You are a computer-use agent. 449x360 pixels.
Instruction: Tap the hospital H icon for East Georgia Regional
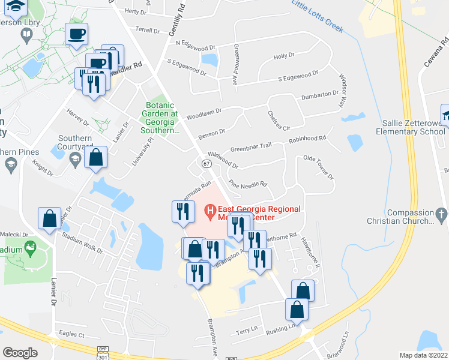point(209,211)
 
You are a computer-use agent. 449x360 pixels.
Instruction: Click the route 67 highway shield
point(206,163)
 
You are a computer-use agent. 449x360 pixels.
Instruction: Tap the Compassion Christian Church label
point(410,217)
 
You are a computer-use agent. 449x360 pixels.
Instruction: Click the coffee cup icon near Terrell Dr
point(76,35)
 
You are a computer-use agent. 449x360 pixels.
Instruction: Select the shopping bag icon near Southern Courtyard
point(95,158)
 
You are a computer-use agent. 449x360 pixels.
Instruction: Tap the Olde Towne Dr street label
point(319,166)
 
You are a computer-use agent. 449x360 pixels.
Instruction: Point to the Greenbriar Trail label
point(252,147)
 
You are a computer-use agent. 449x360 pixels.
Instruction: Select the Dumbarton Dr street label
point(319,94)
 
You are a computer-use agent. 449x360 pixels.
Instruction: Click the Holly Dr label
point(284,56)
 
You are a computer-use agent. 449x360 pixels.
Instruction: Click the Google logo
point(20,352)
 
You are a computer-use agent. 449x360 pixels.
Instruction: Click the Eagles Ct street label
point(72,334)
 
